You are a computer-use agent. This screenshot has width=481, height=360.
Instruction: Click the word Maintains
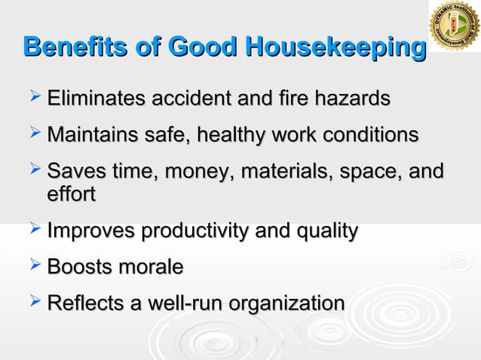(94, 136)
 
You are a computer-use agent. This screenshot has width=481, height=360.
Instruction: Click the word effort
(71, 194)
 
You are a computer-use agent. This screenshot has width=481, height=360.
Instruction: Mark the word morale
(155, 267)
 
